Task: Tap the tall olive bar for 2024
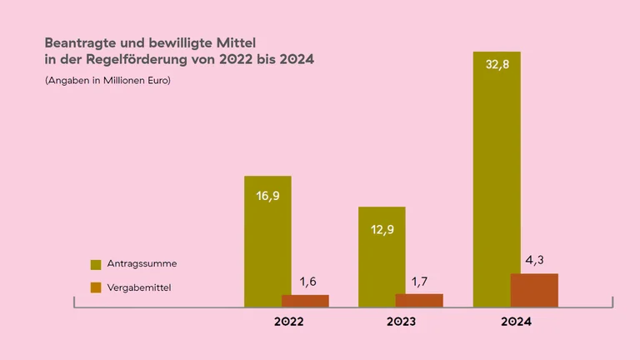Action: [495, 167]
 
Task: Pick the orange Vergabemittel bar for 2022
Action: [305, 301]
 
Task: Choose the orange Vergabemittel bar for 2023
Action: [419, 300]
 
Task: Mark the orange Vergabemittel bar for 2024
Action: [534, 290]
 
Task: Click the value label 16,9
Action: [267, 197]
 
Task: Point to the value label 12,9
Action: [382, 227]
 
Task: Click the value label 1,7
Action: [419, 281]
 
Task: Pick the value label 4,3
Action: [534, 260]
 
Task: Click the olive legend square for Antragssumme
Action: [95, 264]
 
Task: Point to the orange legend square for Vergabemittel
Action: [95, 287]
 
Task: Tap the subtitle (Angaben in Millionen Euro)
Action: [107, 81]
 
